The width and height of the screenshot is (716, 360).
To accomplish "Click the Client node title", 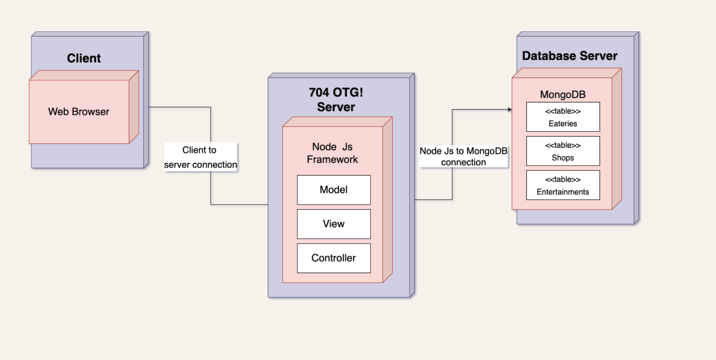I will point(84,58).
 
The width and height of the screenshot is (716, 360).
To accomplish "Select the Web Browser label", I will point(79,112).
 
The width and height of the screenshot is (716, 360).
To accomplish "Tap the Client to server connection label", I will point(200,157).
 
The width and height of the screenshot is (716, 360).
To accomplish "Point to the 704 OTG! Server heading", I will point(336,99).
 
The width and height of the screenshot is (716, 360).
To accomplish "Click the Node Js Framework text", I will point(332,153).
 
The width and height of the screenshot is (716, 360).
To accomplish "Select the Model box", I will point(334,190).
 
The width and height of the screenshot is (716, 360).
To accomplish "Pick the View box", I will point(334,224).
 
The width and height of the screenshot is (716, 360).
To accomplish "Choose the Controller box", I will point(334,258).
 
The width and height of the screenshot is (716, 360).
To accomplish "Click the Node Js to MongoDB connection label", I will point(463,156).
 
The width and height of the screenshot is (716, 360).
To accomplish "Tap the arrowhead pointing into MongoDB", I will point(510,110).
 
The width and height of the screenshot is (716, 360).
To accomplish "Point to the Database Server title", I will point(570,56).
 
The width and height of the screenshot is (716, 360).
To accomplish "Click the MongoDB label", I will point(563,95).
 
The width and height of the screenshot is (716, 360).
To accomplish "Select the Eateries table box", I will point(563,117).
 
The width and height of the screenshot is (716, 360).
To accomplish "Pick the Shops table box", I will point(563,151).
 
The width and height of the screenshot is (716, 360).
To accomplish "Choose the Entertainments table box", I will point(563,185).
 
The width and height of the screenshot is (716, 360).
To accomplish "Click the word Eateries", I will point(563,124).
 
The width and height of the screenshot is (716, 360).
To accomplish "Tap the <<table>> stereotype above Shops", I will point(563,145).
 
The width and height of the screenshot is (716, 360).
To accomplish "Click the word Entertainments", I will point(563,192).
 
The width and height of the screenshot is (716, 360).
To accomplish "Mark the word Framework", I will point(332,160).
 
